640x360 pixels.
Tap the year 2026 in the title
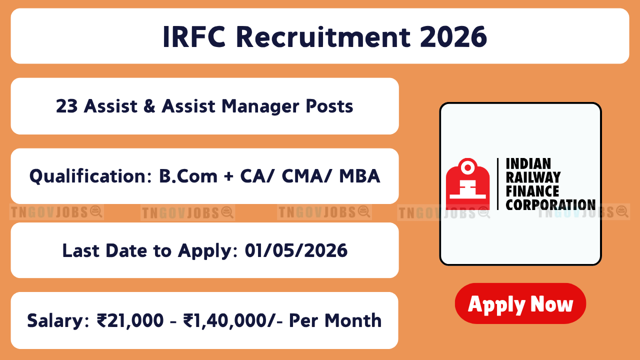(453, 37)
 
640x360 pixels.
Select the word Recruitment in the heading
(323, 37)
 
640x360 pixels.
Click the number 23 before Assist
(66, 106)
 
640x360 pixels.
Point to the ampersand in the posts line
(149, 106)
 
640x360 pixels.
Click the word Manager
(260, 107)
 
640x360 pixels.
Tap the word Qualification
(91, 176)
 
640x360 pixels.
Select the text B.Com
(188, 176)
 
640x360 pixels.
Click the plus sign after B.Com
(229, 176)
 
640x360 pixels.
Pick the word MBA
(359, 176)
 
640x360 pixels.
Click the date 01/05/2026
(296, 250)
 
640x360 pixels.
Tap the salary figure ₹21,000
(130, 320)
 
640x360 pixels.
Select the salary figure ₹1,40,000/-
(233, 320)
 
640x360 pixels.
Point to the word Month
(353, 320)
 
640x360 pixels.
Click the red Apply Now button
(520, 303)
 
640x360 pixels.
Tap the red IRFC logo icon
(467, 184)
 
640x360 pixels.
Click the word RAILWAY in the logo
(533, 177)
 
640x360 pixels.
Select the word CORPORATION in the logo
(550, 205)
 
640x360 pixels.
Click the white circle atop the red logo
(467, 167)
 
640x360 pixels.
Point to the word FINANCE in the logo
(532, 191)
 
